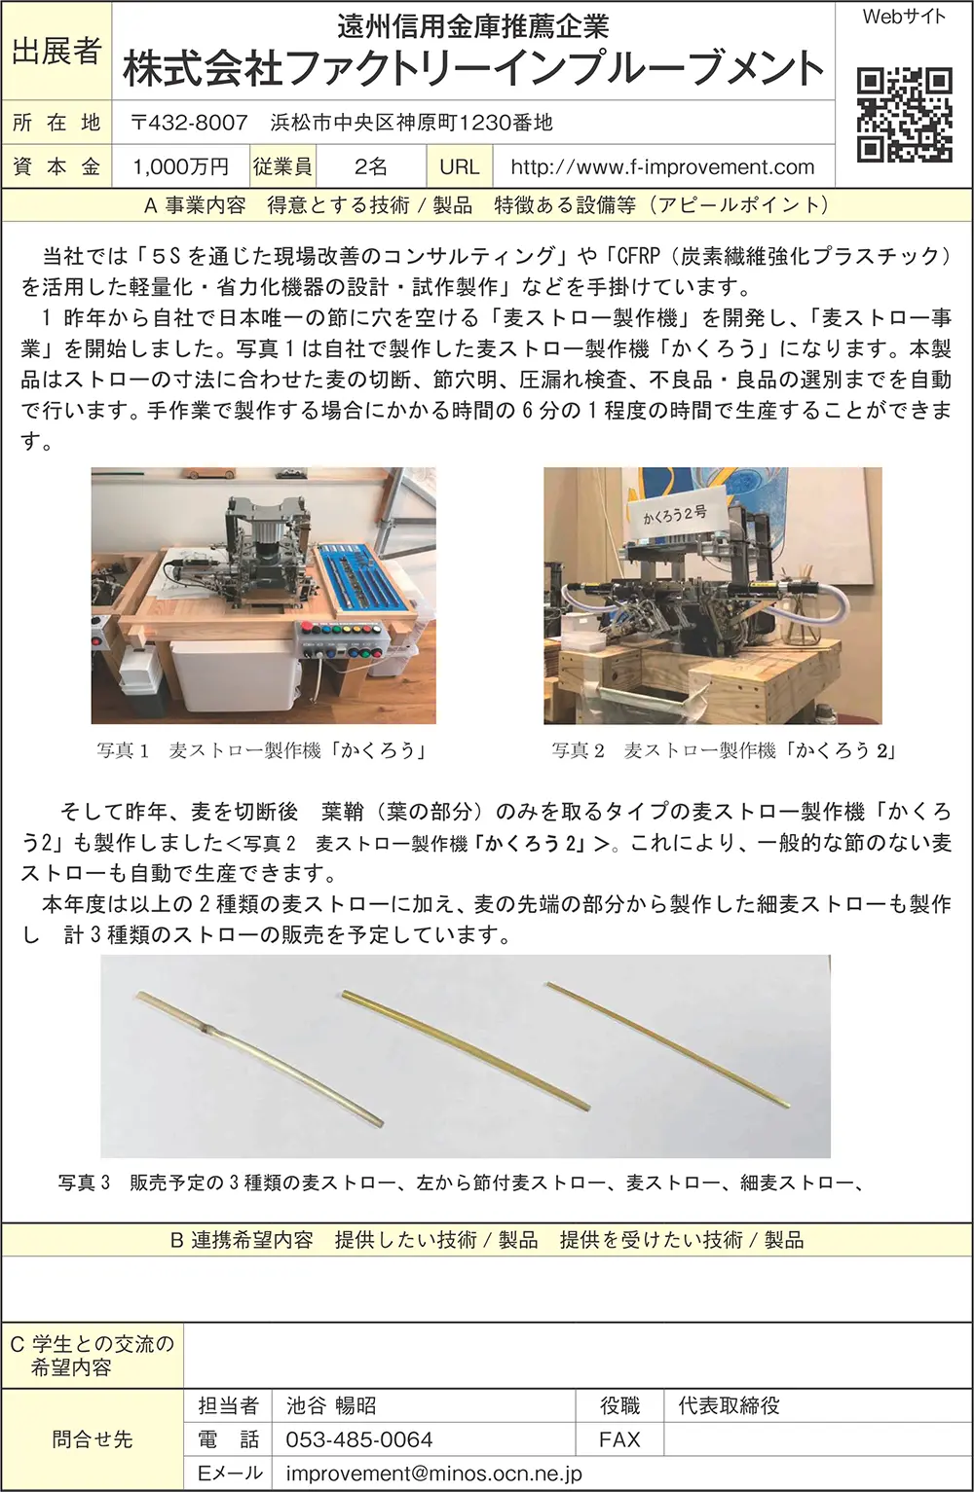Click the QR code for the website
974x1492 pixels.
pyautogui.click(x=904, y=114)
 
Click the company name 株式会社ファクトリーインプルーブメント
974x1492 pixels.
pyautogui.click(x=473, y=69)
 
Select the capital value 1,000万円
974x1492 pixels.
pyautogui.click(x=180, y=167)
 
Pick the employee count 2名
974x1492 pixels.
pyautogui.click(x=370, y=167)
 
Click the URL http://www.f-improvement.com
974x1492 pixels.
pyautogui.click(x=662, y=167)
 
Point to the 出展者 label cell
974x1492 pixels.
pyautogui.click(x=56, y=51)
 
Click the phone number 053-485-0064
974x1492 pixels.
pyautogui.click(x=358, y=1439)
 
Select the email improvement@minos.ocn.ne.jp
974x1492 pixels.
pyautogui.click(x=433, y=1474)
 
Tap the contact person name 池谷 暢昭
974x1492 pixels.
pyautogui.click(x=330, y=1405)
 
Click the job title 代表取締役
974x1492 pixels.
pyautogui.click(x=729, y=1405)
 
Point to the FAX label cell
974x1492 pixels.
pyautogui.click(x=619, y=1439)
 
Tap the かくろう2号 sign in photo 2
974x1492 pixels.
pyautogui.click(x=674, y=513)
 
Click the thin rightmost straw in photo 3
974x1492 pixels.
pyautogui.click(x=667, y=1043)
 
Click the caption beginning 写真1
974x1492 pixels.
pyautogui.click(x=261, y=750)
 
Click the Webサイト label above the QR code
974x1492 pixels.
pyautogui.click(x=904, y=17)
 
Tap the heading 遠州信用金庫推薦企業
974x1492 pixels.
pyautogui.click(x=473, y=25)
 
